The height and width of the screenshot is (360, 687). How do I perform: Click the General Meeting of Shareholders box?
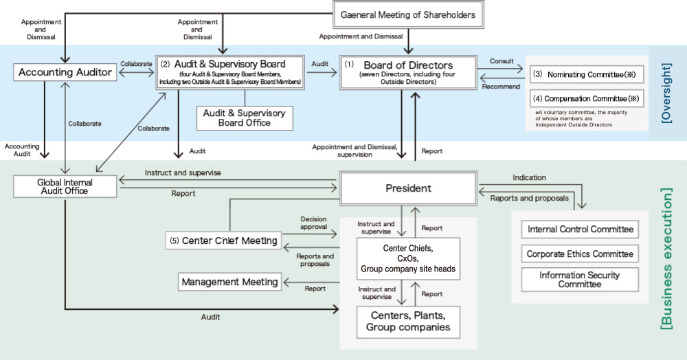pos(408,14)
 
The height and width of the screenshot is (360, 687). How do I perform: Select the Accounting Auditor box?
pos(65,72)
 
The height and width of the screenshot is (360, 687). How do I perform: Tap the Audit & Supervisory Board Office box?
pos(245,117)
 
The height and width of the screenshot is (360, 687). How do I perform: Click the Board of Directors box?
pos(408,73)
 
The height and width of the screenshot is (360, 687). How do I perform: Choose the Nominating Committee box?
pos(587,73)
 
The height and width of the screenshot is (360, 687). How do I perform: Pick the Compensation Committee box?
pos(587,98)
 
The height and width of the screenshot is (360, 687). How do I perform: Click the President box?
pos(408,188)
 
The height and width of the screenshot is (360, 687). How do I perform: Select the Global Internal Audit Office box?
pos(65,186)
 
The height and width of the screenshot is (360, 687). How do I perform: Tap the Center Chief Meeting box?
pos(224,240)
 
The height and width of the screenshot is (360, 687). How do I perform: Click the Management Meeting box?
pos(230,282)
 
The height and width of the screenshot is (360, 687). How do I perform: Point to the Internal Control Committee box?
pos(580,229)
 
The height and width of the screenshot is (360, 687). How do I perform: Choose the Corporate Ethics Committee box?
pos(580,254)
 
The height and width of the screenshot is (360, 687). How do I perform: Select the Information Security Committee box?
pos(580,280)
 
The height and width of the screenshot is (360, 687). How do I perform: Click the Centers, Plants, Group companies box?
pos(408,322)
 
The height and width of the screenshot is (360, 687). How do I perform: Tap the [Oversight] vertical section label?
pos(666,93)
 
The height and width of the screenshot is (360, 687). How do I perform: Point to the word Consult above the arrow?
pos(502,61)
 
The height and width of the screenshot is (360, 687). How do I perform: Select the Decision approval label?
pos(313,223)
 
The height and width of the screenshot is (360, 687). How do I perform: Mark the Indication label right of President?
pos(529,177)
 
